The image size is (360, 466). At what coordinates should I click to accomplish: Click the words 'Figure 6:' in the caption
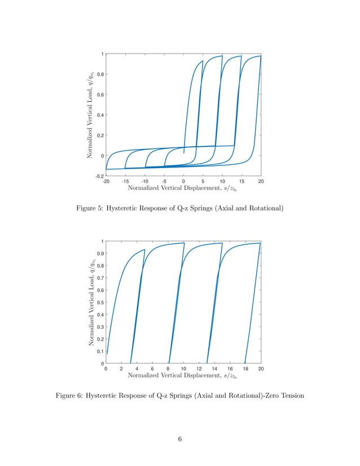tap(71, 396)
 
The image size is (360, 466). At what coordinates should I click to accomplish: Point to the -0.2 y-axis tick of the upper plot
tap(99, 175)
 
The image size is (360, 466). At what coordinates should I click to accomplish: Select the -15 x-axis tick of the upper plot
tap(125, 182)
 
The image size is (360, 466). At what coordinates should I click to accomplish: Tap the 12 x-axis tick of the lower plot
tap(199, 369)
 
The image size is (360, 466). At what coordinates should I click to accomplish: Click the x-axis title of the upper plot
tap(183, 188)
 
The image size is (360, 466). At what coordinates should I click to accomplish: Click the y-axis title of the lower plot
tap(90, 302)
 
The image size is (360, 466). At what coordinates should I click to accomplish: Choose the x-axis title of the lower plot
tap(183, 375)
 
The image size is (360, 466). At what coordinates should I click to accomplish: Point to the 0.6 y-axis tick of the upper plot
tap(100, 94)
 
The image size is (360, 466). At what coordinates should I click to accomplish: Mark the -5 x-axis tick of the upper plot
tap(164, 182)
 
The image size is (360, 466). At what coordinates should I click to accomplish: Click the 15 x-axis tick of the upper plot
tap(242, 182)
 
